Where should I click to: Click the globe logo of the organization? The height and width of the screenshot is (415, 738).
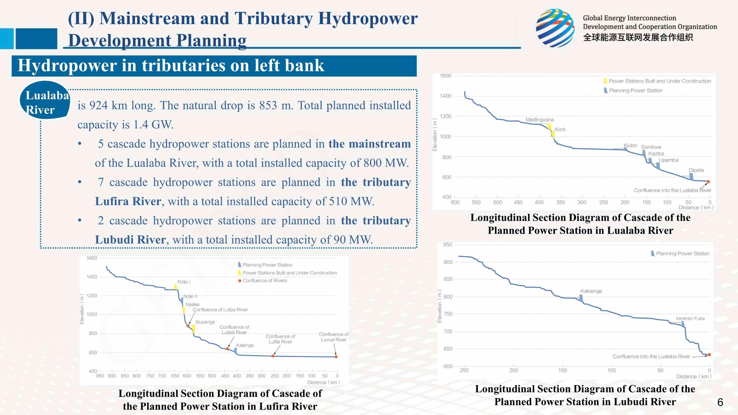[x=555, y=28]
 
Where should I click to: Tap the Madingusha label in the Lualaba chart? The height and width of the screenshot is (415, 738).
[x=539, y=120]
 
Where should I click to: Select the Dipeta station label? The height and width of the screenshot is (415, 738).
[x=696, y=170]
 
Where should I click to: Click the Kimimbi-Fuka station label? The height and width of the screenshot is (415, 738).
[x=690, y=318]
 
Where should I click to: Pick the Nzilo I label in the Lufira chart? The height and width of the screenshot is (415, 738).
[x=184, y=282]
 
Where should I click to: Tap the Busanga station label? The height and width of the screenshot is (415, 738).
[x=205, y=322]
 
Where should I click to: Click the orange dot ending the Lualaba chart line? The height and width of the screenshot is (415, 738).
[x=708, y=182]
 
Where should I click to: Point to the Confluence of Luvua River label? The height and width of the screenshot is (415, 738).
[x=333, y=337]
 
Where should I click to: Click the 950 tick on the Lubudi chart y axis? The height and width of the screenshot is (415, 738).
[x=448, y=245]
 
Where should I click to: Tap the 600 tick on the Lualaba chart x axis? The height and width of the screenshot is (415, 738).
[x=455, y=202]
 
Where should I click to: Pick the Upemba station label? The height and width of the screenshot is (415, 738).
[x=668, y=160]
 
